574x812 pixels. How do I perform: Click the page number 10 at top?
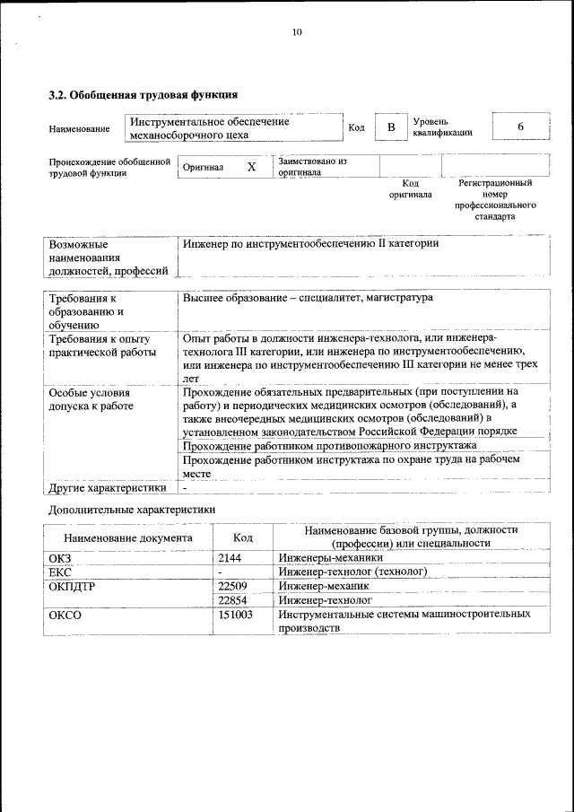(x=297, y=32)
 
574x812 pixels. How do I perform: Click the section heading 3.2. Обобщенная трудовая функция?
(x=142, y=93)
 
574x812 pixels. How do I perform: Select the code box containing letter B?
(x=390, y=128)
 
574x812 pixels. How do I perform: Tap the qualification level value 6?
(x=520, y=127)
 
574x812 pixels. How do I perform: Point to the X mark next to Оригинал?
(x=251, y=167)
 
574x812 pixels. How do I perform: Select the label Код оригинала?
(x=410, y=188)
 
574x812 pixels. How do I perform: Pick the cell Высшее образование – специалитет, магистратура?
(x=307, y=298)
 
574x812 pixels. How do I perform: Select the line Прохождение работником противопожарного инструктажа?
(x=328, y=445)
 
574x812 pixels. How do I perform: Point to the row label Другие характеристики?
(x=108, y=489)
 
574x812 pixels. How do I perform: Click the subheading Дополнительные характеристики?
(x=131, y=510)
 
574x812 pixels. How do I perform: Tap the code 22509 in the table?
(x=234, y=586)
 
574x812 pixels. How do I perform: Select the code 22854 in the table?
(x=234, y=599)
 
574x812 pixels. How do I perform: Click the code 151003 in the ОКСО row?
(x=237, y=615)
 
